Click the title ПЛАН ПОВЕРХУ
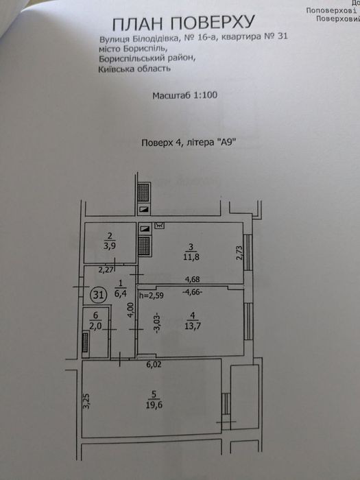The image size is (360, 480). click(183, 23)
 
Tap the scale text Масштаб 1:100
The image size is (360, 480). click(185, 95)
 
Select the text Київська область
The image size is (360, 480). click(134, 69)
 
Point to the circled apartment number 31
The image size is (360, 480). click(98, 295)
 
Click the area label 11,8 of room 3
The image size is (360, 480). click(191, 256)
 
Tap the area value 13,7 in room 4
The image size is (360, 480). click(193, 326)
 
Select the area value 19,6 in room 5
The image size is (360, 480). click(154, 405)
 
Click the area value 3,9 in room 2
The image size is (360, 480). click(110, 245)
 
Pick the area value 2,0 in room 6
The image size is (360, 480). click(95, 326)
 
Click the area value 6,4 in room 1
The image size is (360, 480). click(121, 293)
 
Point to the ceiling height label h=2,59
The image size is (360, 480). click(152, 296)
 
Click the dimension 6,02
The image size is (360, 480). click(154, 364)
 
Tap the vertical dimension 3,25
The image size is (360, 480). click(87, 401)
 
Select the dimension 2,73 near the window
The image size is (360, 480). click(239, 253)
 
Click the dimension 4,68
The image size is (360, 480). click(193, 279)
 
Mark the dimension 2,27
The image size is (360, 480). click(106, 270)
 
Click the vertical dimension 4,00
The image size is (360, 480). click(131, 310)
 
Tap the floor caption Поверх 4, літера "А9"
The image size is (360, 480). click(189, 143)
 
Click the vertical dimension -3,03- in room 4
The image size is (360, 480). click(157, 323)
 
